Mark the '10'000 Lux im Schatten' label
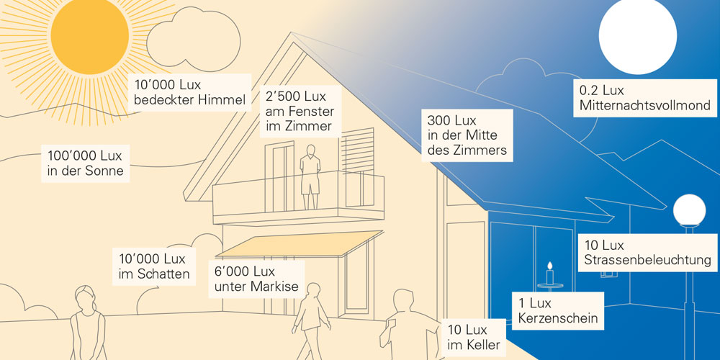coord(153,266)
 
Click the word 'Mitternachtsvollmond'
coord(644,106)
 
